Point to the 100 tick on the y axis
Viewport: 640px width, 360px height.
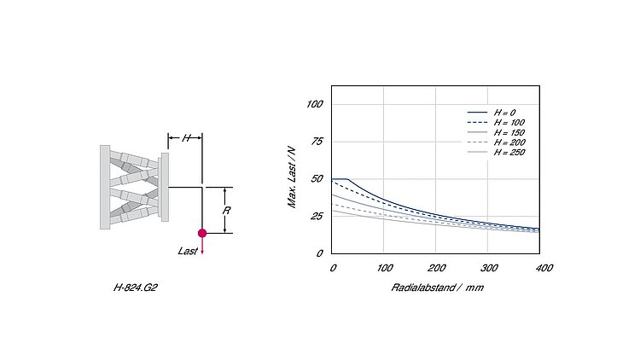pos(315,104)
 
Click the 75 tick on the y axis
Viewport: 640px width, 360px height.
pos(317,142)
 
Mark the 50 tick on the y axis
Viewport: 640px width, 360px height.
pos(317,179)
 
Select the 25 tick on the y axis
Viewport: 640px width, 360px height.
pos(317,216)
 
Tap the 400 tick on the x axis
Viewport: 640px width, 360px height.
pos(544,268)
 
